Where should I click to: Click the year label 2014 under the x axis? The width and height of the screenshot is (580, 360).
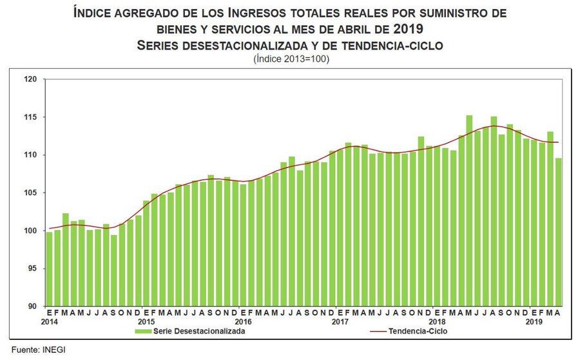tap(49, 321)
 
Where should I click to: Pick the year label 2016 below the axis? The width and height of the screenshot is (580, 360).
tap(243, 321)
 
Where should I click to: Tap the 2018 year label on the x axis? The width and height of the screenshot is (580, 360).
tap(437, 321)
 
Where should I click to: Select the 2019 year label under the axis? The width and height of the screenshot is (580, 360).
tap(534, 321)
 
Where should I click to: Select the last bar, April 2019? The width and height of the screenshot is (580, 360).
tap(558, 232)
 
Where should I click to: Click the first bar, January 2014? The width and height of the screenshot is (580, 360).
tap(50, 269)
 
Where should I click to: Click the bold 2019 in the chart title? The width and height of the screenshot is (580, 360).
tap(409, 28)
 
